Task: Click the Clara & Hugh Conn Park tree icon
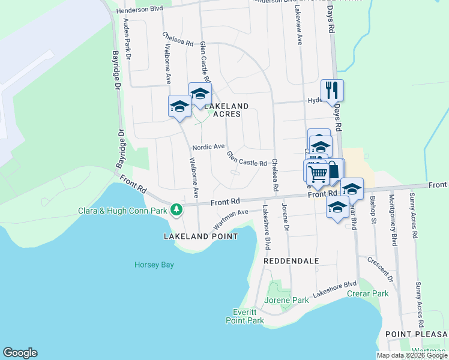176,209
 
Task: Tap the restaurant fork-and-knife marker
332,91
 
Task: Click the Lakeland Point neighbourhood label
200,236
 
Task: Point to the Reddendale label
291,261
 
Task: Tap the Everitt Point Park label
249,316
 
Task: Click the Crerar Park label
367,293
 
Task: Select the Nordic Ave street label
208,147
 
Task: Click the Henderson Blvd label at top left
140,9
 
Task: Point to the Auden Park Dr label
127,37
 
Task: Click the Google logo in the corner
20,353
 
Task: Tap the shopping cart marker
317,173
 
